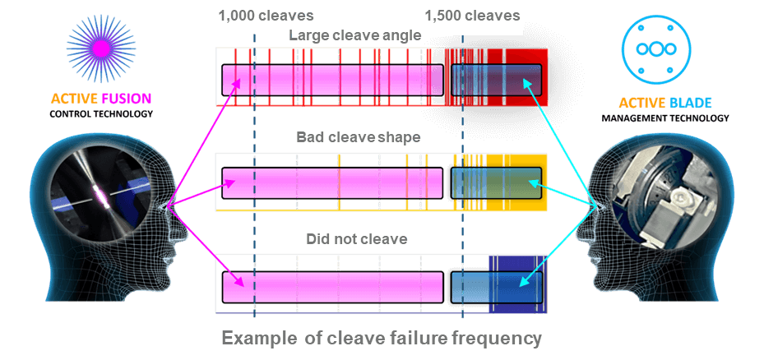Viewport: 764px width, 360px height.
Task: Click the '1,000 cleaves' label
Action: click(266, 16)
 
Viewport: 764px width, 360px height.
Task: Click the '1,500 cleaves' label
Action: click(472, 16)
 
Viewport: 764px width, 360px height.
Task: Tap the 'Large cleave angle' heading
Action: click(355, 35)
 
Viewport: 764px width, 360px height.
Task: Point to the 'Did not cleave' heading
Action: click(357, 239)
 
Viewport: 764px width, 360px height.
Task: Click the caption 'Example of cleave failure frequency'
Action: click(382, 338)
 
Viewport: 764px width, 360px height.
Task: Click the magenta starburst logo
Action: click(101, 49)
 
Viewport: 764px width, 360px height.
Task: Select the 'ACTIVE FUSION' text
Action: click(101, 99)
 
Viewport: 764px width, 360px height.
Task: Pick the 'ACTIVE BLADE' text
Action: click(665, 104)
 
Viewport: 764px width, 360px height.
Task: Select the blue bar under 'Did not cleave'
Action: click(493, 287)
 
